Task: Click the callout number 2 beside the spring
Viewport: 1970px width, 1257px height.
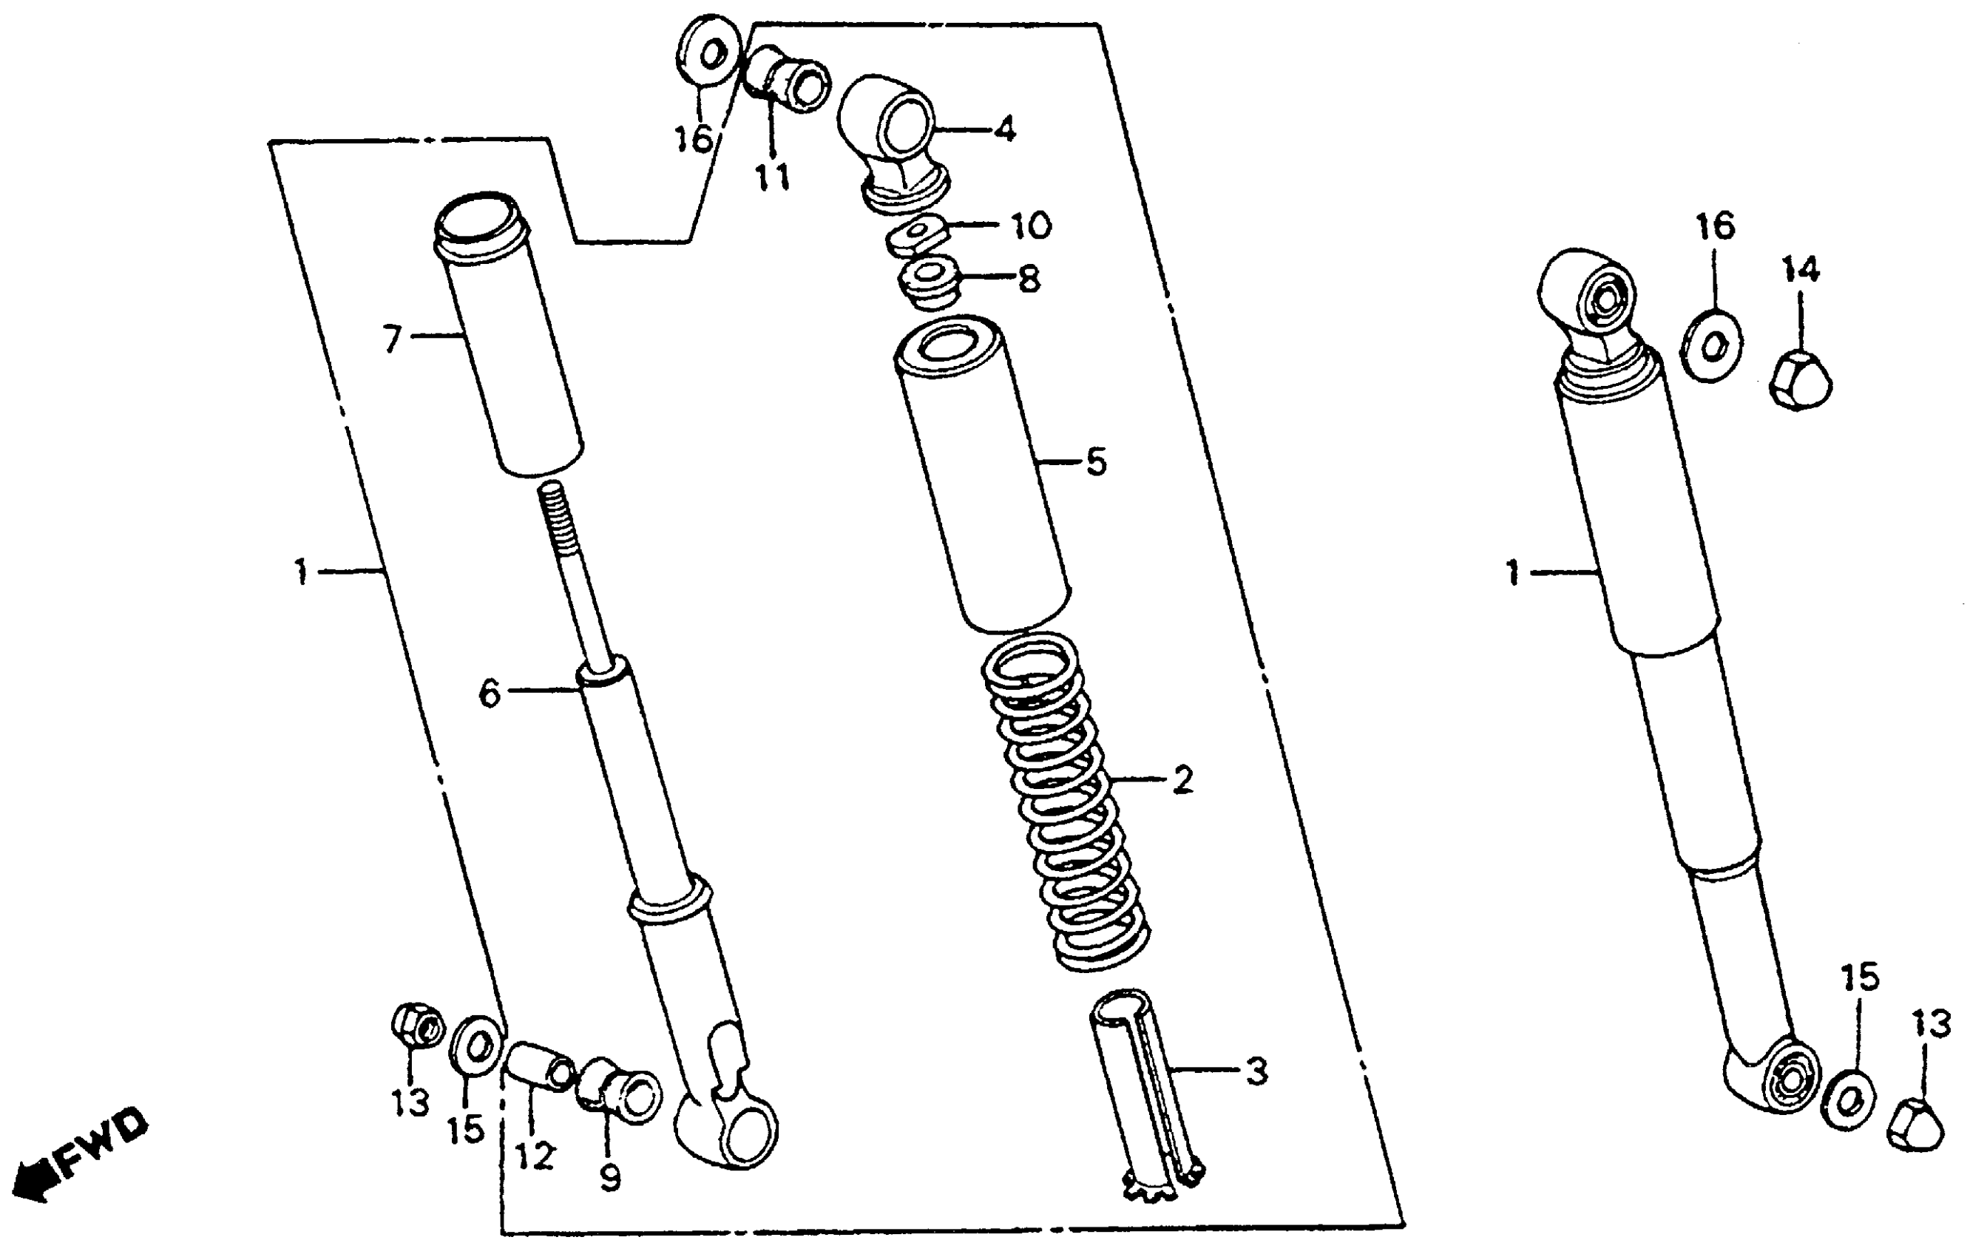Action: point(1182,780)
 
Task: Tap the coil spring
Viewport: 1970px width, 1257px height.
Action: point(1063,802)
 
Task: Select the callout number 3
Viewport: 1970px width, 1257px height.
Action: point(1256,1071)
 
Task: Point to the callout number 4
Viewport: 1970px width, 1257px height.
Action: point(1006,129)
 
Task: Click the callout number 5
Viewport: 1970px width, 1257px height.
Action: point(1096,462)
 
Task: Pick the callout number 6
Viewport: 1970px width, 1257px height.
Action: point(490,694)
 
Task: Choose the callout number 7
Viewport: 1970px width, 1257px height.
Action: point(393,338)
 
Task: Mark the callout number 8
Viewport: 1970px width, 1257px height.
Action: point(1029,279)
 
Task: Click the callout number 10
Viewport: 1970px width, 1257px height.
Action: point(1031,226)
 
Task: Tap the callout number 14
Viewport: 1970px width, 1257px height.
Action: point(1801,268)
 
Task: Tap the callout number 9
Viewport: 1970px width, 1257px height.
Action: point(609,1178)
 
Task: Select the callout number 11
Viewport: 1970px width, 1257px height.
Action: point(771,177)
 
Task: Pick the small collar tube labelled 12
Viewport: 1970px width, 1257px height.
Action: point(540,1066)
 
